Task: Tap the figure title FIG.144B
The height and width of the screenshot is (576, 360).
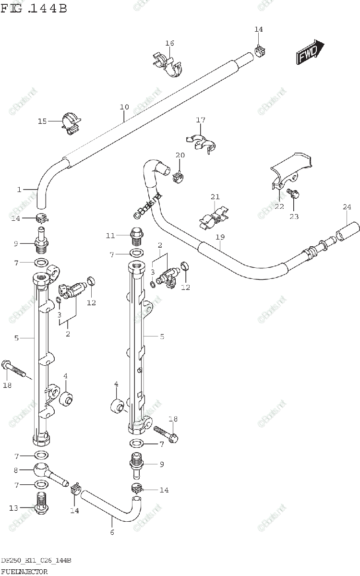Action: pyautogui.click(x=34, y=8)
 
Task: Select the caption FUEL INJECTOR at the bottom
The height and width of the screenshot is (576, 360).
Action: pyautogui.click(x=24, y=571)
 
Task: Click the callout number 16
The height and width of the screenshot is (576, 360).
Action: pyautogui.click(x=169, y=43)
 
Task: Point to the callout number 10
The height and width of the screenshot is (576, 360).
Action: pyautogui.click(x=124, y=107)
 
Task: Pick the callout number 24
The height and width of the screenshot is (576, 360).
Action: pyautogui.click(x=347, y=207)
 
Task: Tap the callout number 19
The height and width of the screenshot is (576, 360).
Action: pyautogui.click(x=220, y=237)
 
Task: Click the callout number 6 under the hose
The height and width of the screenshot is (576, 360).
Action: pyautogui.click(x=112, y=532)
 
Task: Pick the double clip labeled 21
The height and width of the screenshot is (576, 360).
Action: pyautogui.click(x=214, y=217)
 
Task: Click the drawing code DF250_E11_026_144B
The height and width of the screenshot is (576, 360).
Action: pyautogui.click(x=36, y=561)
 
